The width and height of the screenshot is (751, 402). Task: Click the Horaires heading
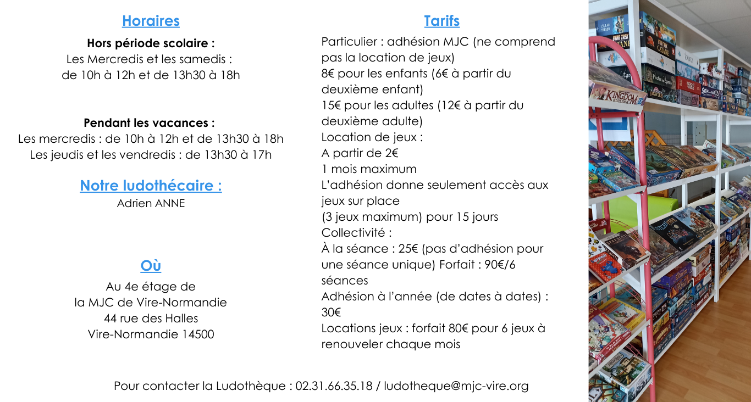[151, 21]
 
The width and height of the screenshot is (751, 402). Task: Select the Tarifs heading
[441, 21]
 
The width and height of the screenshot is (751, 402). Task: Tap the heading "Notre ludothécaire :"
[151, 186]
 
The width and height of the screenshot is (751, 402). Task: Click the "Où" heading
[151, 266]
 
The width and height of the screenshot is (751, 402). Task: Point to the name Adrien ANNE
[151, 203]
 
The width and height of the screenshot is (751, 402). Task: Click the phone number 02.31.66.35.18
[334, 386]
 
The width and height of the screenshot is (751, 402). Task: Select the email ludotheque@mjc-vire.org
[456, 386]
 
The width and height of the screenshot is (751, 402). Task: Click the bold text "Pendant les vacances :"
[149, 122]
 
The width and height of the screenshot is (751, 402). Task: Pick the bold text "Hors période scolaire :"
[151, 43]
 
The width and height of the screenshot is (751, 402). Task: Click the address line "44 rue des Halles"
[151, 318]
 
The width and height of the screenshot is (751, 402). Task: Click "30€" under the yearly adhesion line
[331, 312]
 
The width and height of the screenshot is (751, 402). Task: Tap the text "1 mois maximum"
[369, 169]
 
